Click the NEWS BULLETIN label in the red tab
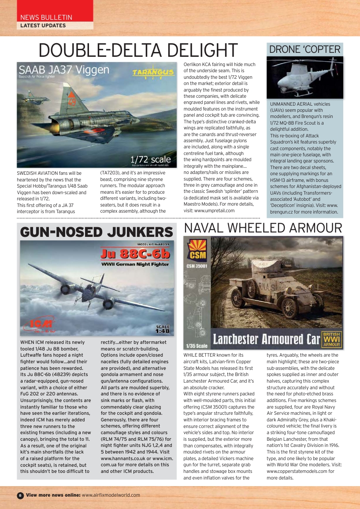[x=46, y=17]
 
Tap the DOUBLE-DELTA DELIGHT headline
[x=138, y=50]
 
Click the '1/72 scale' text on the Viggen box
[x=151, y=159]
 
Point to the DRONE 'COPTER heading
[x=305, y=49]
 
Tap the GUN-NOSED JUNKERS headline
[x=96, y=232]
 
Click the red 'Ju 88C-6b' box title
[x=135, y=254]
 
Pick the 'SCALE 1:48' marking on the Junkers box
[x=163, y=328]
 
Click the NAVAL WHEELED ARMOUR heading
[x=263, y=228]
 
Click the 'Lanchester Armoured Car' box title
[x=266, y=339]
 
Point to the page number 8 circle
[x=20, y=495]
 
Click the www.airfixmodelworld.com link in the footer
[x=111, y=495]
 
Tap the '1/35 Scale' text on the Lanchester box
[x=197, y=346]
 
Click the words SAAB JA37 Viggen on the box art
[x=64, y=70]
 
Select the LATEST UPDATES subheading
[x=43, y=26]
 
